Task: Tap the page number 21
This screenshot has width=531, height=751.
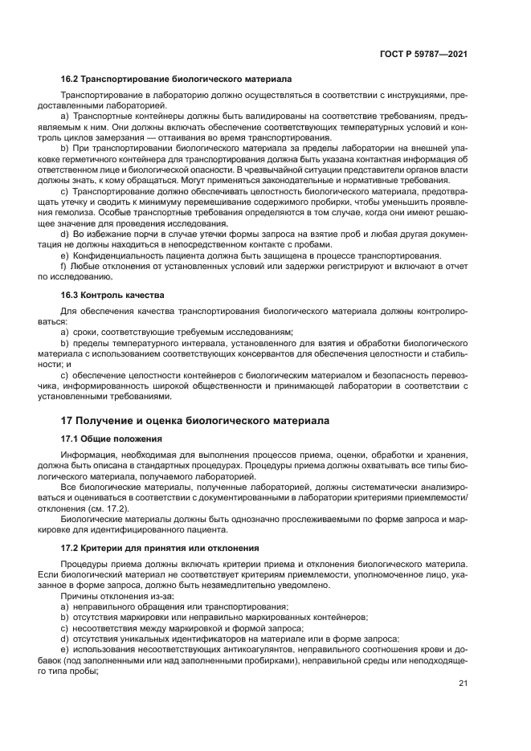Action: click(x=463, y=684)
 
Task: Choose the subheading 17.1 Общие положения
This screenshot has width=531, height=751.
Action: click(x=112, y=439)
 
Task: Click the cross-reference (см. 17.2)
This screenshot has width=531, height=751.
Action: click(x=102, y=508)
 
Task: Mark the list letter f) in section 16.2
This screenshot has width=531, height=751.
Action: click(x=63, y=266)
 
